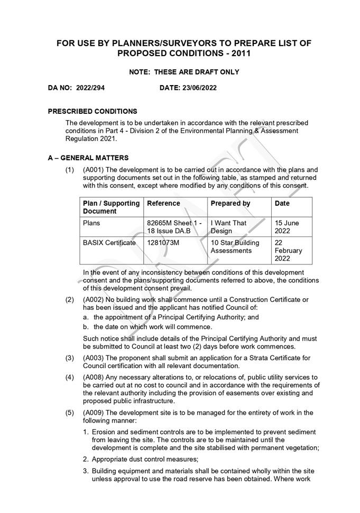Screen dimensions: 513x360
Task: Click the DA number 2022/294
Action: (90, 88)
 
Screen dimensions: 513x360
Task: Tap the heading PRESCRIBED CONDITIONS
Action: (93, 112)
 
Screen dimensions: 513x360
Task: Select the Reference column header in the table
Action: (163, 204)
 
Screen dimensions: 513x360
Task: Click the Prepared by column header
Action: (230, 204)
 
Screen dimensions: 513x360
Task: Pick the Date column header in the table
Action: (282, 204)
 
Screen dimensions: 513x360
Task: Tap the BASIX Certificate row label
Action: (109, 243)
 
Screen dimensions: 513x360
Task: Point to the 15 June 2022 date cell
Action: (287, 227)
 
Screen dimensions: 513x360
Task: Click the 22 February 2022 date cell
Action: (289, 251)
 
